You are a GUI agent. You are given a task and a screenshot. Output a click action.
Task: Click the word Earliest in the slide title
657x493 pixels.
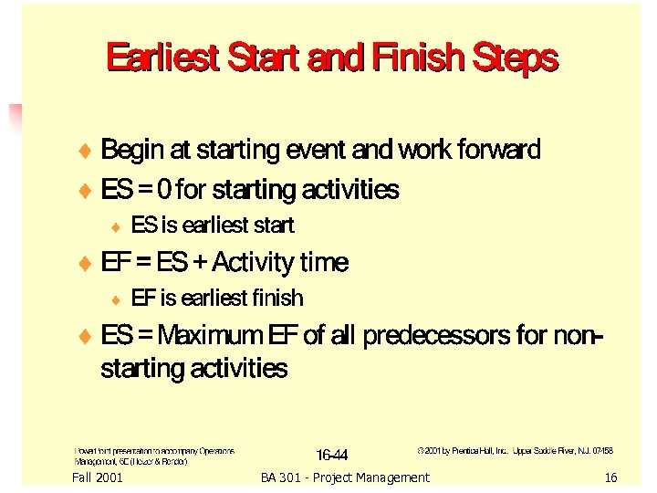pos(162,58)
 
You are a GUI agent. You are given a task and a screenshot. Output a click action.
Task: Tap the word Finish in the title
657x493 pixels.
pos(416,58)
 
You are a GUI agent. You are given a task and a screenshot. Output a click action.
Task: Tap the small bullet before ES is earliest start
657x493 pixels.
pos(115,226)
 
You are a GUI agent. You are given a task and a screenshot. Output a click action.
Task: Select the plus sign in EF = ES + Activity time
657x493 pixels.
pos(199,263)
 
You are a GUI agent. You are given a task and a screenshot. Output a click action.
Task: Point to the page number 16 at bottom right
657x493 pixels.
pos(610,477)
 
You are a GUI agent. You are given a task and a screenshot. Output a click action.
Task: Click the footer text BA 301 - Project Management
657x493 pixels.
pos(344,477)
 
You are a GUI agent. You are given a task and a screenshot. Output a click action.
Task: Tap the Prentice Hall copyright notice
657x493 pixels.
pos(515,451)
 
